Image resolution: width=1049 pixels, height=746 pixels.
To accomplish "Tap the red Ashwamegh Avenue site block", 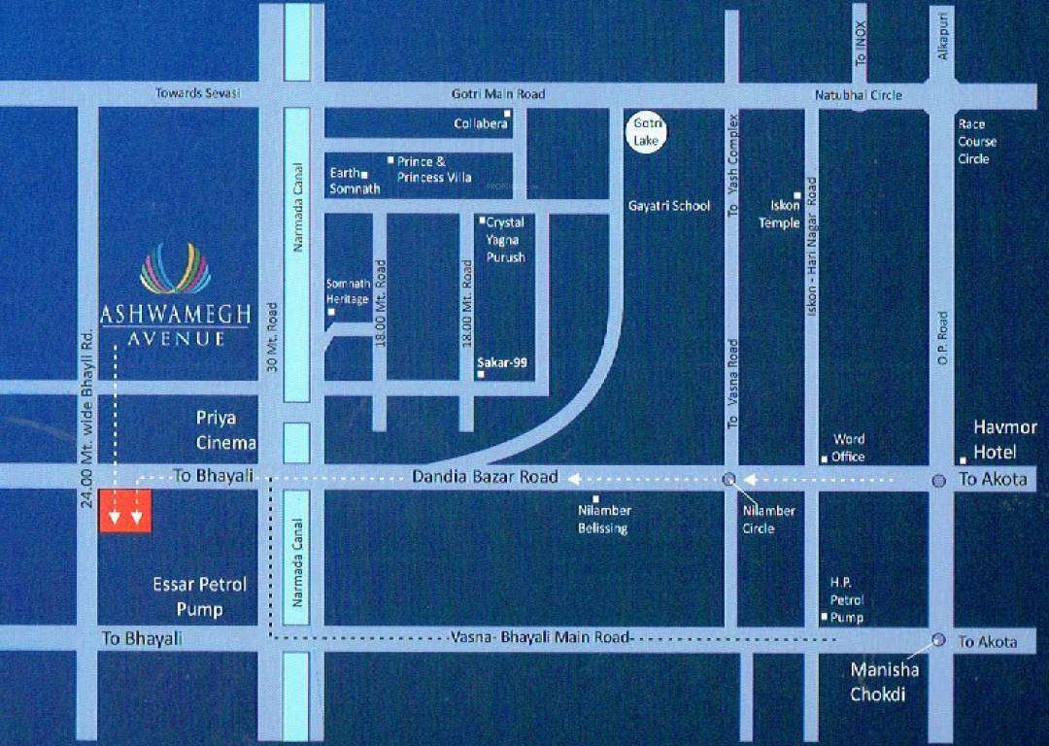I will pyautogui.click(x=126, y=511).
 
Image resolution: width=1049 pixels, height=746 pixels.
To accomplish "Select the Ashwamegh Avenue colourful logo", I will pyautogui.click(x=175, y=269).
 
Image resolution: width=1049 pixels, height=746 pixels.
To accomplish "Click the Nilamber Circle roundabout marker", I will pyautogui.click(x=729, y=479).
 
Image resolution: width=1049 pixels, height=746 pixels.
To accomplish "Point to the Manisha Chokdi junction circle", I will pyautogui.click(x=938, y=639).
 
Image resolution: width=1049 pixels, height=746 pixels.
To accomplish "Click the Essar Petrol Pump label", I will pyautogui.click(x=200, y=596).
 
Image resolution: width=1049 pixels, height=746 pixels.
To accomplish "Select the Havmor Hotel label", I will pyautogui.click(x=1005, y=439).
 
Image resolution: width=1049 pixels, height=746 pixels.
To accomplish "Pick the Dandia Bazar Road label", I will pyautogui.click(x=485, y=476).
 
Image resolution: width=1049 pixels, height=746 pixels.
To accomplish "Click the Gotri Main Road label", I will pyautogui.click(x=498, y=94).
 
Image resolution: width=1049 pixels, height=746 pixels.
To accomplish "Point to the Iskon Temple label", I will pyautogui.click(x=779, y=214).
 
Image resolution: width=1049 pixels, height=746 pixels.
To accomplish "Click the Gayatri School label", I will pyautogui.click(x=669, y=206).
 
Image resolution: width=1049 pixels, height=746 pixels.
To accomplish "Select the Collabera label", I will pyautogui.click(x=481, y=123).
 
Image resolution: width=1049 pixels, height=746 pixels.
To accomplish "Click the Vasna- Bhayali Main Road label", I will pyautogui.click(x=541, y=637).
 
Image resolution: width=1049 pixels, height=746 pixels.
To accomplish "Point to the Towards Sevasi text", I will pyautogui.click(x=198, y=93).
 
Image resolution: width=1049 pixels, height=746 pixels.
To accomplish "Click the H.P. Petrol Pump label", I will pyautogui.click(x=845, y=599).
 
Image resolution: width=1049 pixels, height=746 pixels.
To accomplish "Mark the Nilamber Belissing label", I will pyautogui.click(x=603, y=519).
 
